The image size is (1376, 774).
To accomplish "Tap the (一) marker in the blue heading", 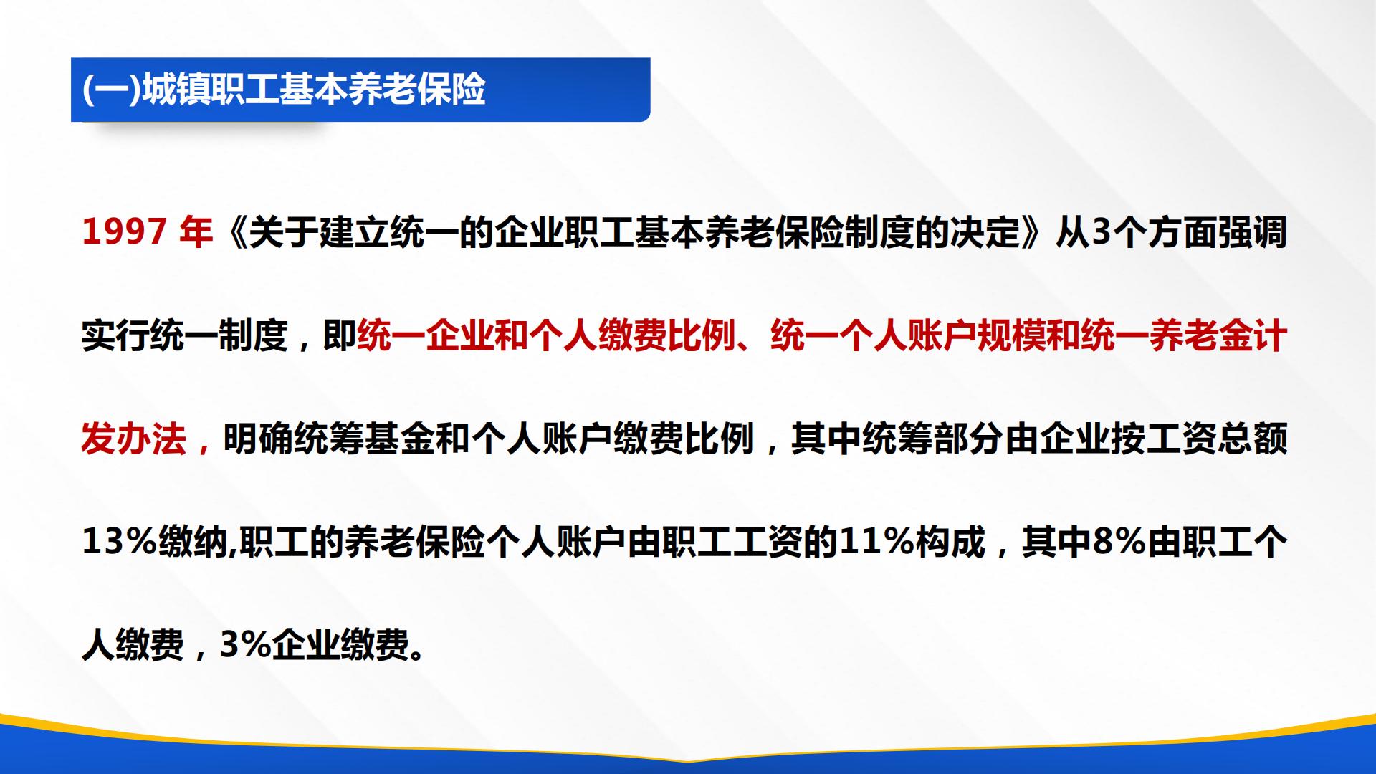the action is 112,90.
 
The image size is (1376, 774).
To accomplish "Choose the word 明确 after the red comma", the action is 257,439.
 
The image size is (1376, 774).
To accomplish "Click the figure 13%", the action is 120,543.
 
